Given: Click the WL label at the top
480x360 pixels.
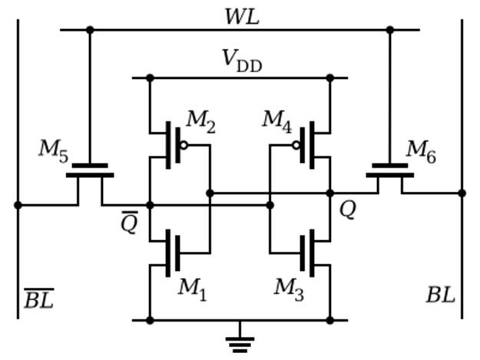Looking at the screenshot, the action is (242, 17).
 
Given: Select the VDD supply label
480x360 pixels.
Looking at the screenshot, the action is (242, 61).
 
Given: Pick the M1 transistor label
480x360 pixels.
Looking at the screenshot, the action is (193, 289).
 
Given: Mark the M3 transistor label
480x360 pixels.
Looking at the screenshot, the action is (289, 289).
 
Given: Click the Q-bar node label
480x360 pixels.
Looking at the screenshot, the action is (130, 222).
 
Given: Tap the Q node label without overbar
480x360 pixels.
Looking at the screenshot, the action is (348, 210).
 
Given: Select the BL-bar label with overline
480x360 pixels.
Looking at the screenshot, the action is (39, 298).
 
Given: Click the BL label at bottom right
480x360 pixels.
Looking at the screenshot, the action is (441, 296).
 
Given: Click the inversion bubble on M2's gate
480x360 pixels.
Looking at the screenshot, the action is (184, 146).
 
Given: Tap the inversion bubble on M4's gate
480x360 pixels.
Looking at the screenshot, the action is (296, 146).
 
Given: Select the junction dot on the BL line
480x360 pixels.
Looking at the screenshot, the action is (462, 193).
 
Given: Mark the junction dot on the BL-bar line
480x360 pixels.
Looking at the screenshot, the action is (18, 205).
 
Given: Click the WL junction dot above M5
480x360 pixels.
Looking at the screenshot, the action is (90, 30).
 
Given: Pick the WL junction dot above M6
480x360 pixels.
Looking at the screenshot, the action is (390, 30).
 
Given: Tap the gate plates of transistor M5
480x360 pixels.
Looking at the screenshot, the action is (90, 170).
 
